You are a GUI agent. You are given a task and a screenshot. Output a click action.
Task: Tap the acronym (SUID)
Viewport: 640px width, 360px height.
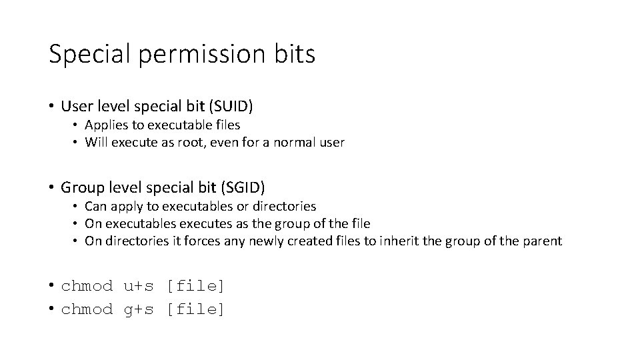click(x=232, y=106)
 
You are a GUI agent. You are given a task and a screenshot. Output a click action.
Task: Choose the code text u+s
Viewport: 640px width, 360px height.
click(x=139, y=287)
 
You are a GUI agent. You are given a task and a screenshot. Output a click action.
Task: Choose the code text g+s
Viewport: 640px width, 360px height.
click(x=139, y=309)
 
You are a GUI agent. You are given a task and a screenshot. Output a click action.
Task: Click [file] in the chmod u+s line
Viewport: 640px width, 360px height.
click(x=196, y=287)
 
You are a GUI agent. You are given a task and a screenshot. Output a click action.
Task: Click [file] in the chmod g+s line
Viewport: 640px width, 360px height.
click(x=196, y=309)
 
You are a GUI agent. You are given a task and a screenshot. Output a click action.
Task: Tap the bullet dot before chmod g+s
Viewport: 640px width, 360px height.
click(x=51, y=309)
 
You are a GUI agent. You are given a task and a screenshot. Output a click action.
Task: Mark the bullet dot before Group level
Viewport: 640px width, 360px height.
click(x=51, y=188)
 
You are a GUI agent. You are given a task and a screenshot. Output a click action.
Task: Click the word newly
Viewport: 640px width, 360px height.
click(x=265, y=241)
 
